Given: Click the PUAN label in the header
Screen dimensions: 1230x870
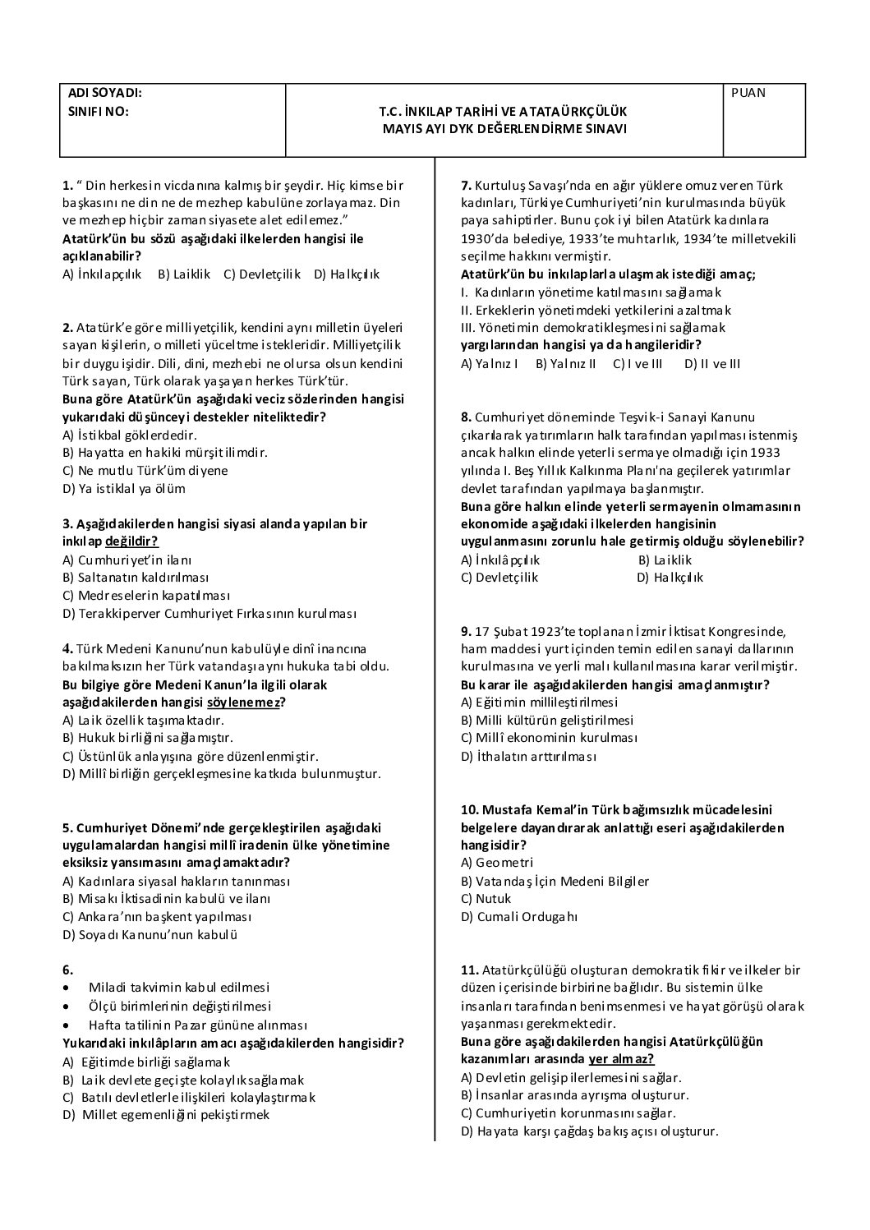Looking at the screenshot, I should click(748, 93).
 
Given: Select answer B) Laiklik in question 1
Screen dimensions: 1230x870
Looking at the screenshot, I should click(184, 274).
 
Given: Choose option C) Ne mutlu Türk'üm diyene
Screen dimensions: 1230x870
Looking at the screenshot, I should click(145, 471).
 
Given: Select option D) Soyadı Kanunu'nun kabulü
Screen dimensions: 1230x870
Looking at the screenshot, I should click(150, 934).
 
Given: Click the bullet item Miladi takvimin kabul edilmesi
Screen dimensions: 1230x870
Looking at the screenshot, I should click(178, 988).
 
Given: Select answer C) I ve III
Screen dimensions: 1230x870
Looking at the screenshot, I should click(638, 363).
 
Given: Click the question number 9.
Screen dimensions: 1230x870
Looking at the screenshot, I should click(466, 632).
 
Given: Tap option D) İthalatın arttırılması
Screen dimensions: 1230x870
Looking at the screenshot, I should click(528, 757).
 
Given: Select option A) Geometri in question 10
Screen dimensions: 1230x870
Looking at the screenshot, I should click(497, 863).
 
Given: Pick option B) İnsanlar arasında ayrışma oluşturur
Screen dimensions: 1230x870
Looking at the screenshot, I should click(575, 1095).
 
